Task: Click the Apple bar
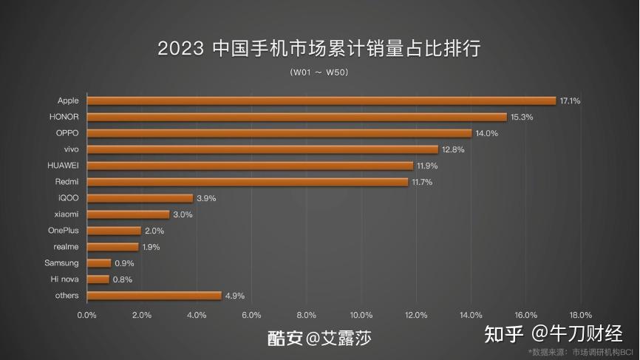pos(321,101)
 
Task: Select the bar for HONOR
pos(297,117)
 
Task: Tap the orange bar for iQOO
pos(140,198)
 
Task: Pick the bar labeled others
pos(154,296)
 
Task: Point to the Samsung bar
pos(99,263)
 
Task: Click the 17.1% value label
pos(570,101)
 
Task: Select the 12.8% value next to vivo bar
pos(452,149)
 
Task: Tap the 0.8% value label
pos(123,279)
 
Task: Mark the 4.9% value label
pos(235,296)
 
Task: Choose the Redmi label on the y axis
pos(67,182)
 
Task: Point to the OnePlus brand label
pos(63,231)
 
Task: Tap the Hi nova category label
pos(64,279)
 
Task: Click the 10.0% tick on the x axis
pos(361,315)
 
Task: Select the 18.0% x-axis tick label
pos(581,315)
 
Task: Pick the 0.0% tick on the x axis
pos(87,315)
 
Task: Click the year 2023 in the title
pos(180,50)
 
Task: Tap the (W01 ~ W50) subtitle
pos(319,72)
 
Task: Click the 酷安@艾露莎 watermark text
pos(319,338)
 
